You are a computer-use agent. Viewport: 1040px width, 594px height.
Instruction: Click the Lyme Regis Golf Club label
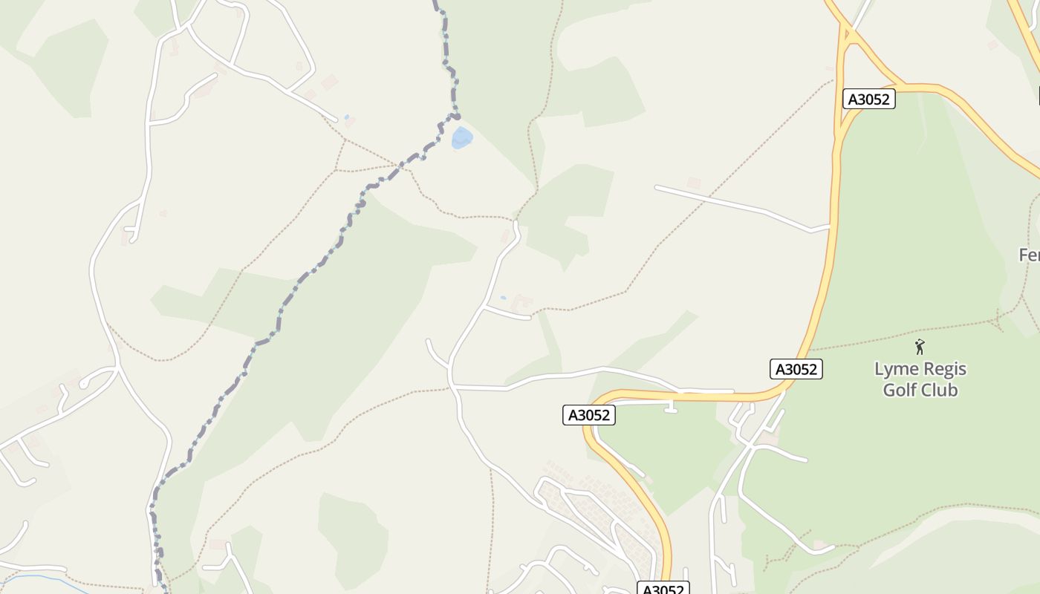tap(920, 379)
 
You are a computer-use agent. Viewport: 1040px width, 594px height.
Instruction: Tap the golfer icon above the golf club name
tap(920, 346)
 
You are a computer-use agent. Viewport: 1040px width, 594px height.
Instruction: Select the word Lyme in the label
tap(894, 369)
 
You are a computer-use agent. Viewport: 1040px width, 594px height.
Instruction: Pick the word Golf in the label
tap(900, 390)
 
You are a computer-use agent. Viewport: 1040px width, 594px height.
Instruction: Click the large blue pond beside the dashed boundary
tap(461, 138)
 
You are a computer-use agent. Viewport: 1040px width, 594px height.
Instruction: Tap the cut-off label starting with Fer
tap(1030, 255)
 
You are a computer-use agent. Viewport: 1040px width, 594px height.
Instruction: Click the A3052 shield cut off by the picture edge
tap(663, 589)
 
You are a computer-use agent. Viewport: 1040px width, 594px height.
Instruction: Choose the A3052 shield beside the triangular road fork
tap(869, 99)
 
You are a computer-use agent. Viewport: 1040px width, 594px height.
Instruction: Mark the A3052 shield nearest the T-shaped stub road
tap(589, 415)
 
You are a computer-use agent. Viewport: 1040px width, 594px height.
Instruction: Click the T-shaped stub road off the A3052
tap(671, 406)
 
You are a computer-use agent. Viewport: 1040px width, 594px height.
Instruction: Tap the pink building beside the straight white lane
tap(694, 183)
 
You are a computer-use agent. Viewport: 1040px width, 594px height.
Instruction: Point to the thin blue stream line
tap(45, 578)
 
